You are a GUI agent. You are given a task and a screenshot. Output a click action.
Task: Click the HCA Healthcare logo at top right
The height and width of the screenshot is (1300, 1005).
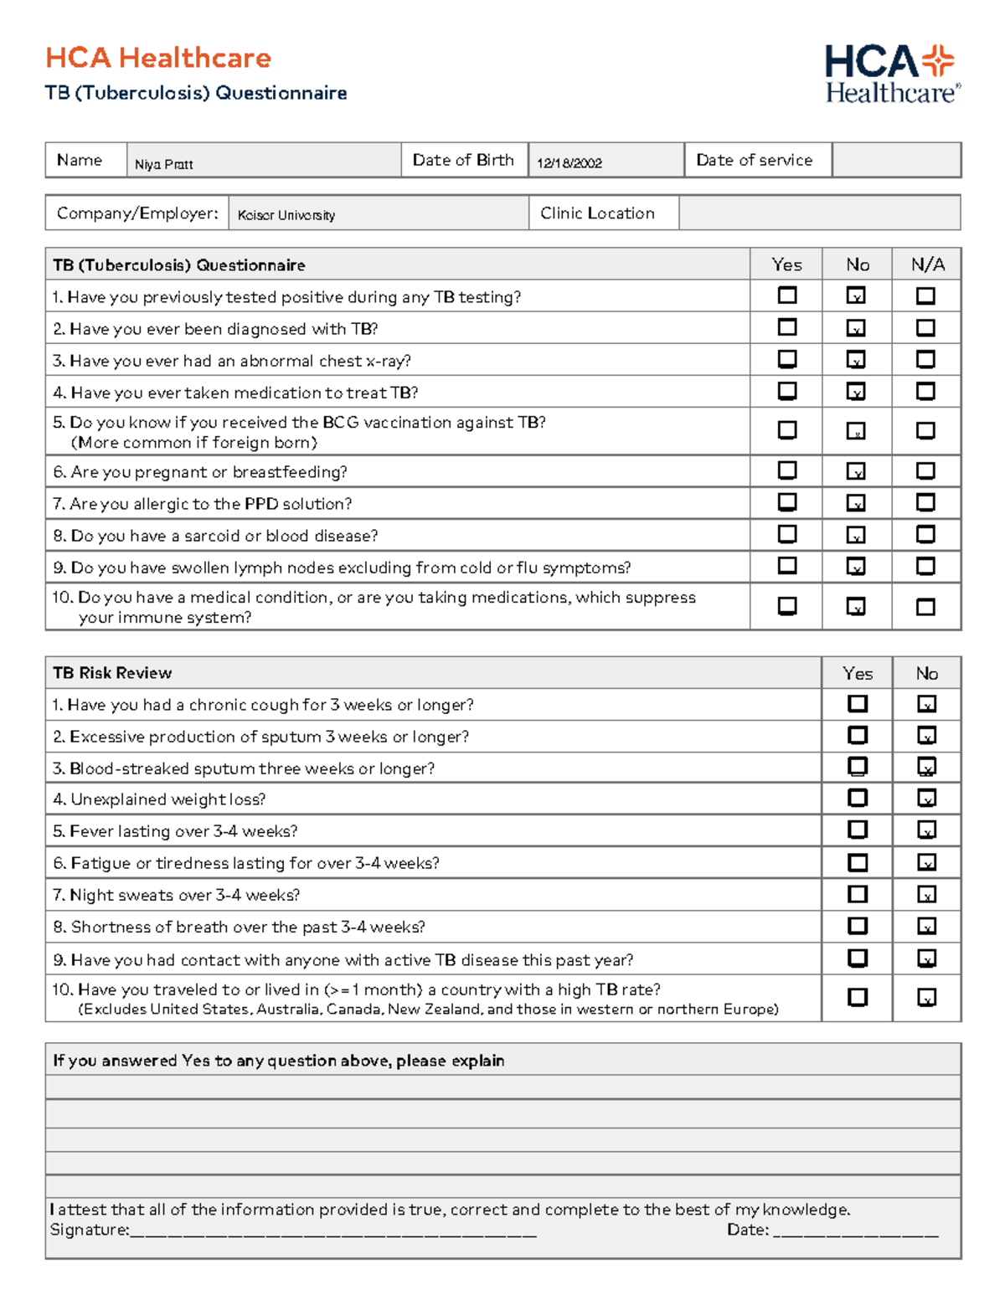(892, 75)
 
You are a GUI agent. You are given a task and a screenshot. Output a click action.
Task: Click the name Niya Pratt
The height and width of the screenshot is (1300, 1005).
(164, 164)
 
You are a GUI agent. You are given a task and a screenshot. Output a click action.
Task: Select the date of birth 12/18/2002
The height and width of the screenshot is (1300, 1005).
(569, 163)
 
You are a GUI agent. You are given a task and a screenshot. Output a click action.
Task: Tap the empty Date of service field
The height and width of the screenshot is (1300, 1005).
(895, 160)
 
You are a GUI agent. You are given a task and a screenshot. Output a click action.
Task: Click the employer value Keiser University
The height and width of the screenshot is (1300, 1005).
(286, 215)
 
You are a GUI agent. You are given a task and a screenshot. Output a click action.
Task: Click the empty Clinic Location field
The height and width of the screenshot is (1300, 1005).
(819, 213)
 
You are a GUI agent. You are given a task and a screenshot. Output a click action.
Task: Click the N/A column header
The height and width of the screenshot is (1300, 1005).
(927, 265)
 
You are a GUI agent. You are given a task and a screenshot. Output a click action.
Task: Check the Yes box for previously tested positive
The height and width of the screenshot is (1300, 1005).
(787, 295)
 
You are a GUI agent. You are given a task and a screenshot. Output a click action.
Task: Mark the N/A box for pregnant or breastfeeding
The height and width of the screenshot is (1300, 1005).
(925, 471)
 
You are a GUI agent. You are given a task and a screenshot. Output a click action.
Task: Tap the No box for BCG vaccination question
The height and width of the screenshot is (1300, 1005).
(856, 431)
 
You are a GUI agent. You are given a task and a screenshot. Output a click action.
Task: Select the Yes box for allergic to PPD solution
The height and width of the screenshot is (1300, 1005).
(787, 502)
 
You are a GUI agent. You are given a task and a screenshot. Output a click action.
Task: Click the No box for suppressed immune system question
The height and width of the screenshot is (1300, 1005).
(856, 606)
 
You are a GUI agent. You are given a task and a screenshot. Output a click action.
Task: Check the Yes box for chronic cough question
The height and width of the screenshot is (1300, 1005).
(858, 704)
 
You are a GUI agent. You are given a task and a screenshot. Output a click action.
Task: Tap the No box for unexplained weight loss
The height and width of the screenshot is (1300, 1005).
(926, 799)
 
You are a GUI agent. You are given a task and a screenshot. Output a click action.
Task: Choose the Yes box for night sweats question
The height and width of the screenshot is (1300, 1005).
(858, 894)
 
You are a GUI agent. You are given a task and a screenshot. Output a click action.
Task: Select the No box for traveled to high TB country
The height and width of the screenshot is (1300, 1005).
(926, 998)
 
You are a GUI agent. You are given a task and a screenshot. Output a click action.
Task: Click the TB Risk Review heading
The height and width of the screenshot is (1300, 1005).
(112, 673)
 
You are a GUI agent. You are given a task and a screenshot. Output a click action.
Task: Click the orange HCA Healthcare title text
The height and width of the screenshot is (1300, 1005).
(158, 58)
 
